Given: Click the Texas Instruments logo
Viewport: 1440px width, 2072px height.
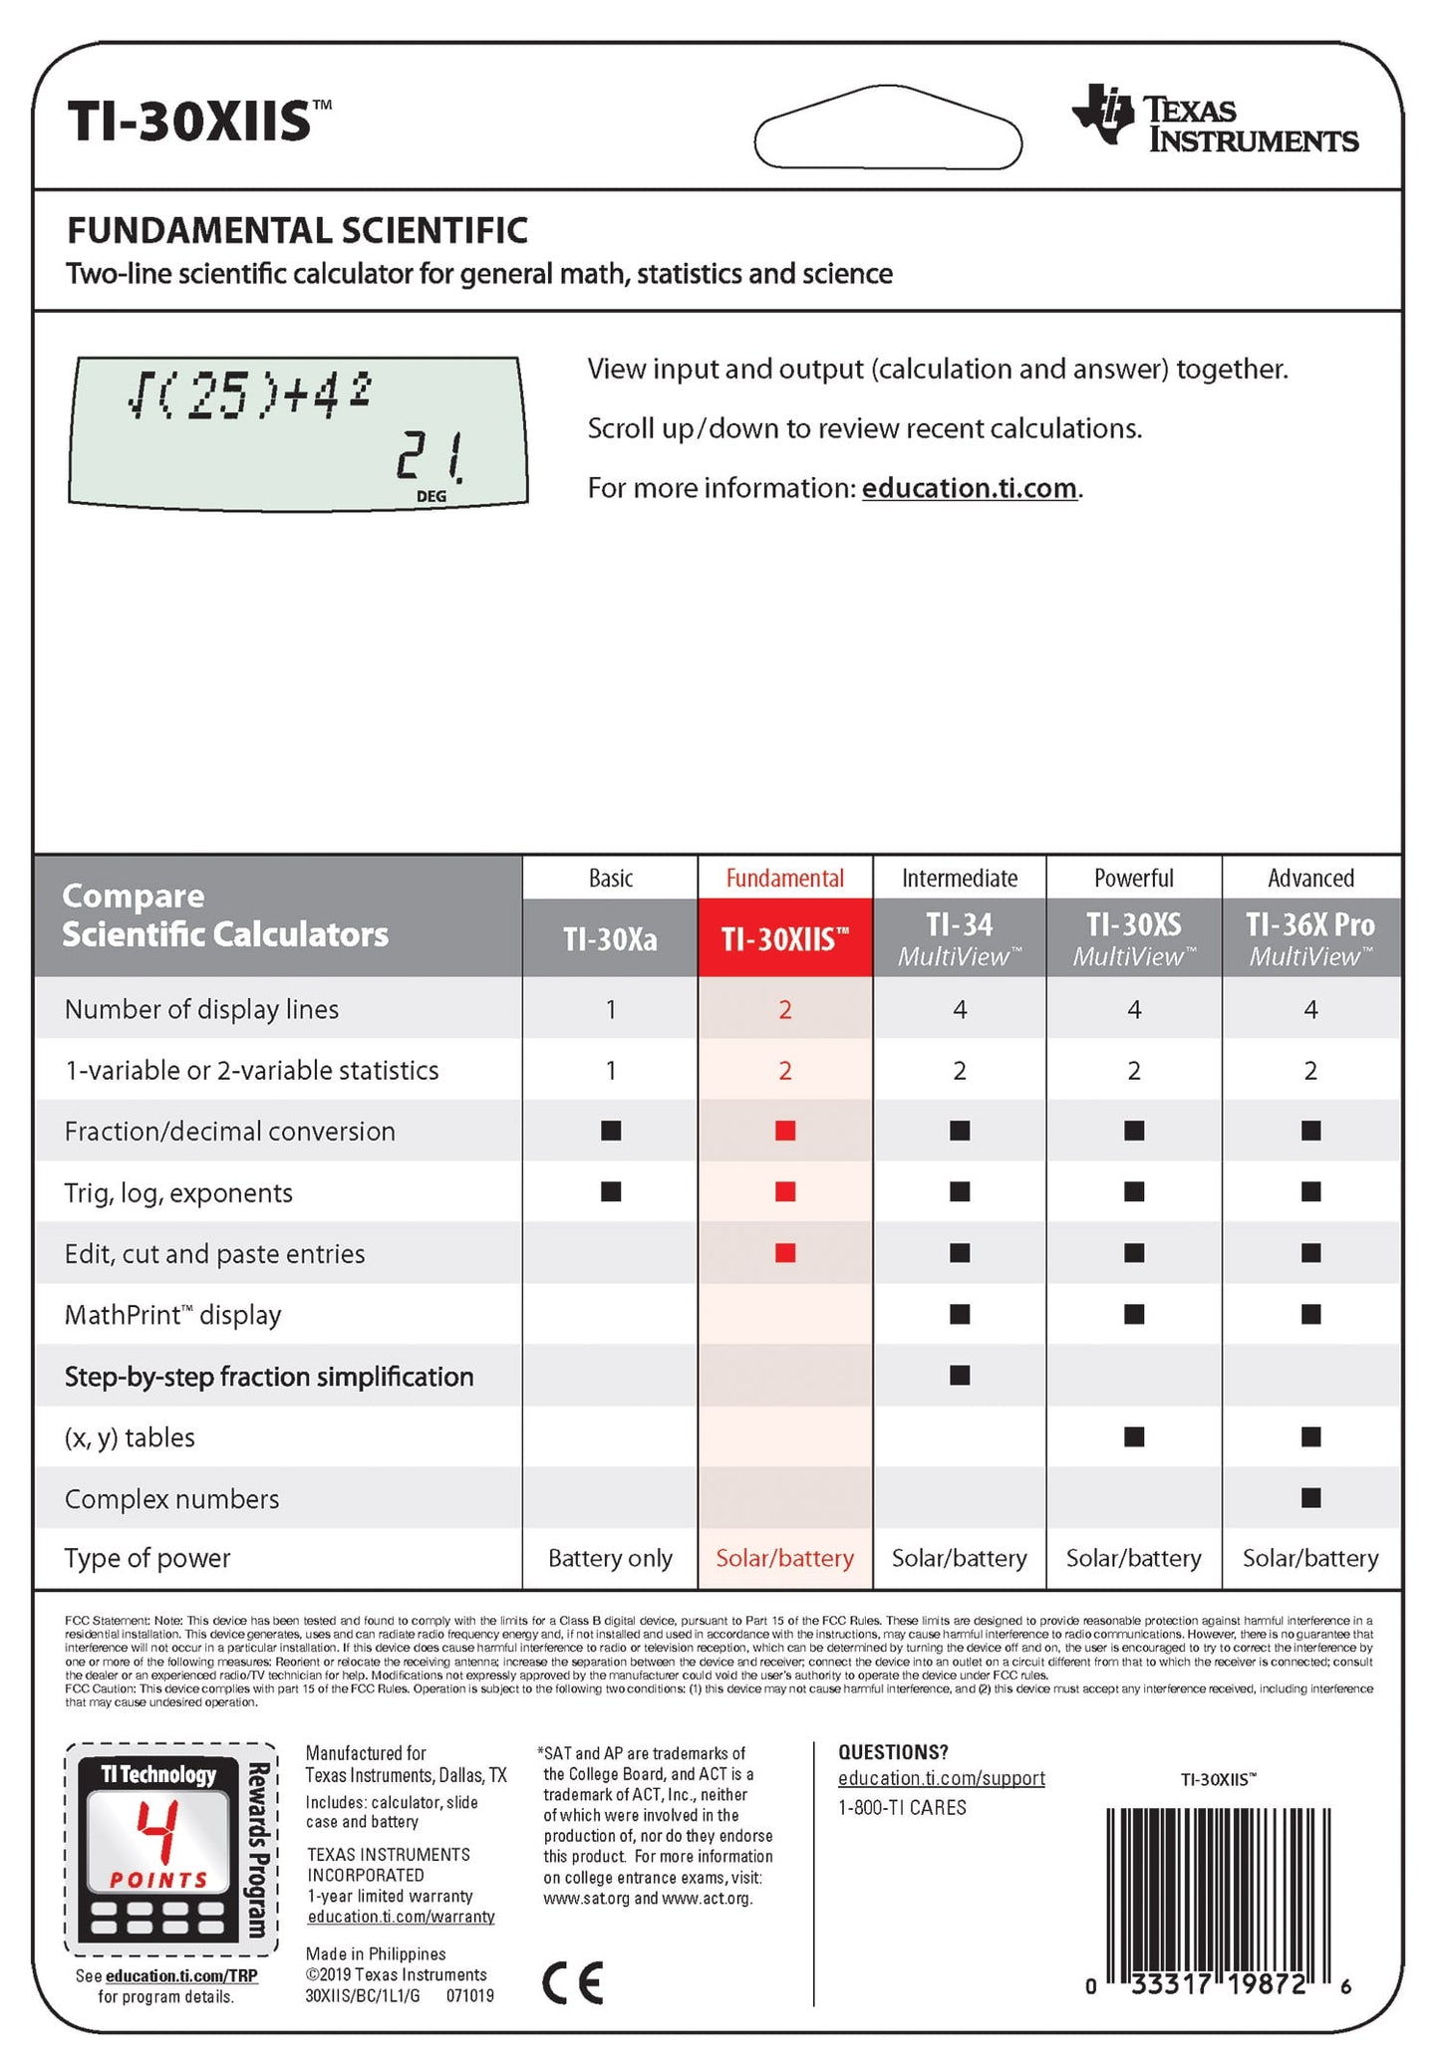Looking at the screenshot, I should pos(1214,120).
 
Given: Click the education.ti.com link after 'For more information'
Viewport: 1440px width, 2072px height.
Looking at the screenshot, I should pos(969,488).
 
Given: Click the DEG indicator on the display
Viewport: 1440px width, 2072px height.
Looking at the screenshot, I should pos(432,496).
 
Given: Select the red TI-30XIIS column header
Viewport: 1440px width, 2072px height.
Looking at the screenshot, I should pos(785,938).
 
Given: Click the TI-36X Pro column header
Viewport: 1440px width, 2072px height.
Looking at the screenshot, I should pos(1310,938).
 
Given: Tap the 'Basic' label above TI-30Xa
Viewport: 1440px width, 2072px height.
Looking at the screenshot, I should pos(611,878).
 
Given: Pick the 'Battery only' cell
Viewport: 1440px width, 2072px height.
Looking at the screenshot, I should pos(610,1558).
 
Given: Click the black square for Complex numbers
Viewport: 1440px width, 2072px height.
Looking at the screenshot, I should pos(1310,1498).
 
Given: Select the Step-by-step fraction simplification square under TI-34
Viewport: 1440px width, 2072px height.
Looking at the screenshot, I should pos(960,1376).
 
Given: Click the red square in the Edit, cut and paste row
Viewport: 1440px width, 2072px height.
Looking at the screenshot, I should pos(785,1253).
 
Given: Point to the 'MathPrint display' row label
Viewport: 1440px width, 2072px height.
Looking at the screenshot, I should pos(172,1315).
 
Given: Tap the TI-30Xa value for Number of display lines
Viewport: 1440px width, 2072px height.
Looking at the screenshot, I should pos(611,1009).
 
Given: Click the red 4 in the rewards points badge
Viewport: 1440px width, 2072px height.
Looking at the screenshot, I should pos(157,1834).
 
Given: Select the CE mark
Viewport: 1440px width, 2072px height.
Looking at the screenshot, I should pos(573,1983).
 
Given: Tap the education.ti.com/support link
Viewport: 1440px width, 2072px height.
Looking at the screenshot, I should pos(941,1778).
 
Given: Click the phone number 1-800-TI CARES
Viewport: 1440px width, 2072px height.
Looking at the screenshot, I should pos(902,1807).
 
